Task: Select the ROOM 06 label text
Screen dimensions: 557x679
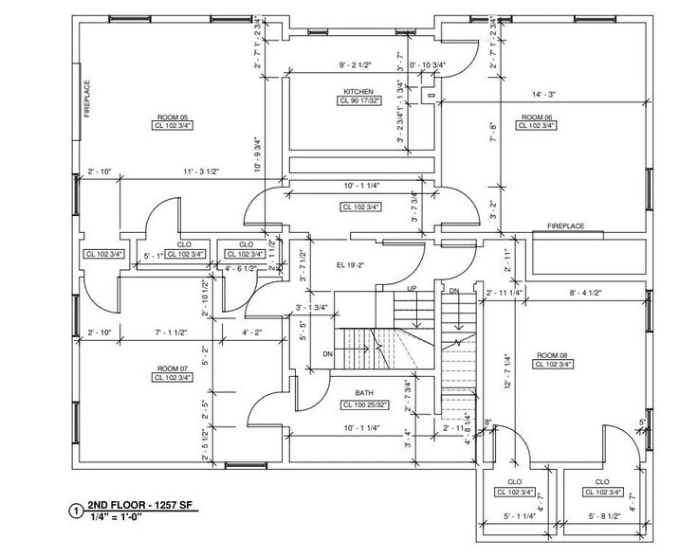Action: (x=537, y=117)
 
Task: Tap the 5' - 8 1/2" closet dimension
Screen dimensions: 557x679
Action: (x=605, y=517)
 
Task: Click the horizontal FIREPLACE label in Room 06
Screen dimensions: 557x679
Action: (x=565, y=226)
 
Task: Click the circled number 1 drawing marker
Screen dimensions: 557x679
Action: (x=76, y=511)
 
